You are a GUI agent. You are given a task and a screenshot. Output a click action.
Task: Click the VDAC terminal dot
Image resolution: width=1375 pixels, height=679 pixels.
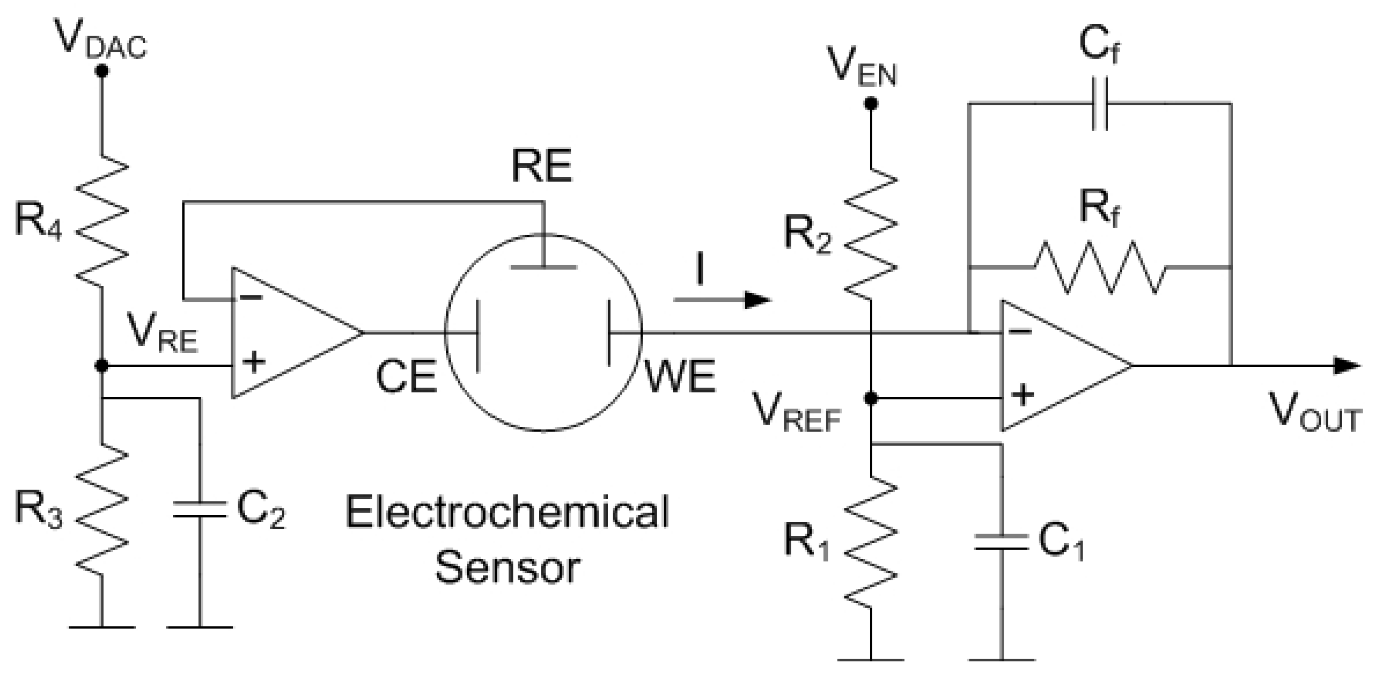point(101,71)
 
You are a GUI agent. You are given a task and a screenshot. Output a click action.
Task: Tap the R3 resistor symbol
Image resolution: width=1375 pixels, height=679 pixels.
point(101,507)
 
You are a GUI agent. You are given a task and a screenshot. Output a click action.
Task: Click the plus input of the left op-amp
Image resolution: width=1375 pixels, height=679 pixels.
point(254,362)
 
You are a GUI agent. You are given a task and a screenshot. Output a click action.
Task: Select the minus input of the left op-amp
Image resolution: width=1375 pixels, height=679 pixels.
point(251,297)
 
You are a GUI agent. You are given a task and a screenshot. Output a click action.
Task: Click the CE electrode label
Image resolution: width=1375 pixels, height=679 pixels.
point(406,377)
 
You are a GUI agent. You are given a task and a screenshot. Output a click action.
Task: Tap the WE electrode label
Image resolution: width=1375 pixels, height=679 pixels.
point(680,377)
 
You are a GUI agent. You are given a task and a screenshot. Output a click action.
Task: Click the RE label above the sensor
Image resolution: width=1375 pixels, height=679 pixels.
point(541,166)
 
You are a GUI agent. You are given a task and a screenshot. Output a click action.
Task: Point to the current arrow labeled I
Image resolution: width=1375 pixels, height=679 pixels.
point(723,299)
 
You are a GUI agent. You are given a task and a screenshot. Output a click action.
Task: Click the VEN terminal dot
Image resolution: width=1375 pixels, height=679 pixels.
point(871,103)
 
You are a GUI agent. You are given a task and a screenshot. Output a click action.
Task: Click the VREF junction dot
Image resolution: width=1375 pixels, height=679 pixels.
point(871,398)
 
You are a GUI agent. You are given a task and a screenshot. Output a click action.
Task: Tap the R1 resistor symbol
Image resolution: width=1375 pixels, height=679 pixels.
point(871,539)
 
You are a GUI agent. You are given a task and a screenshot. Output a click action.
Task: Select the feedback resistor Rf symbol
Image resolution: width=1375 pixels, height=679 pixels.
point(1099,266)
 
